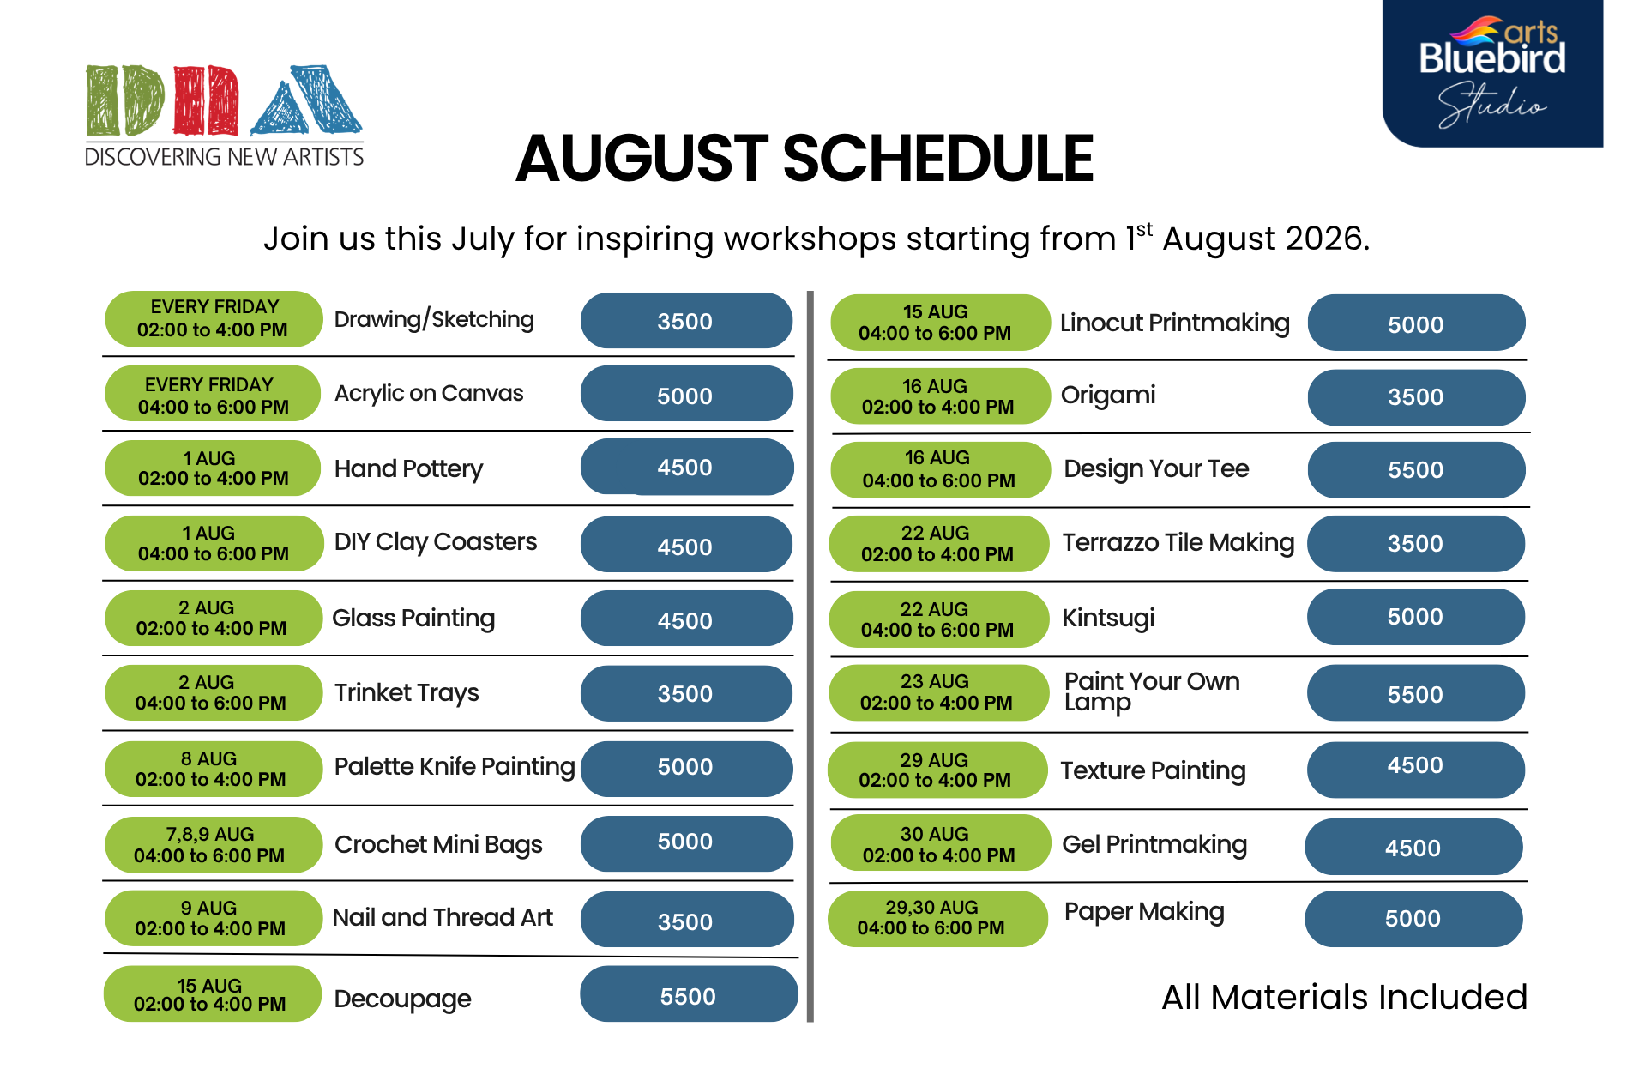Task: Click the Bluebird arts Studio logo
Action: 1492,73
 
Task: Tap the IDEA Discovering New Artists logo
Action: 224,116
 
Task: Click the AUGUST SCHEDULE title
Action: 804,159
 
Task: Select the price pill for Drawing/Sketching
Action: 686,321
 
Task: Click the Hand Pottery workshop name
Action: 408,468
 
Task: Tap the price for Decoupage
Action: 689,995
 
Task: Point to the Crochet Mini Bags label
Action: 438,845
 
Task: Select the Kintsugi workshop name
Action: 1108,618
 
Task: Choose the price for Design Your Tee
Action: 1416,470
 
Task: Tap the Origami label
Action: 1108,396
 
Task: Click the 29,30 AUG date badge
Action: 937,918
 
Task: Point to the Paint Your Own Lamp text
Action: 1152,691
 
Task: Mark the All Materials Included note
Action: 1345,997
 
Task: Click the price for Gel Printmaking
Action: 1413,848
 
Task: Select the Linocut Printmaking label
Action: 1175,323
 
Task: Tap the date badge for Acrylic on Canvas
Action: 213,394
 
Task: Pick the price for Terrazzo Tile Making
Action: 1416,544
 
